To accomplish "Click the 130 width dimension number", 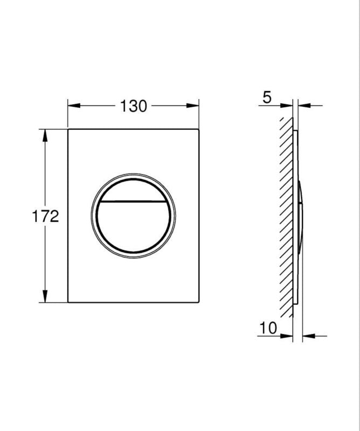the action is point(134,106).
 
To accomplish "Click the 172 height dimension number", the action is point(45,216).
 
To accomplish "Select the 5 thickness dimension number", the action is point(267,98).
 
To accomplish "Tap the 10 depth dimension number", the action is point(268,328).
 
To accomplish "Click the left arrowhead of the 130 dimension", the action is point(74,106).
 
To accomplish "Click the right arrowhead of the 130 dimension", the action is point(192,106).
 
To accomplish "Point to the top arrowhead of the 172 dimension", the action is point(45,136).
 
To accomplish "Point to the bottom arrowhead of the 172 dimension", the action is point(45,296).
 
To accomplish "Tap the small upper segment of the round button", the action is point(134,192).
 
